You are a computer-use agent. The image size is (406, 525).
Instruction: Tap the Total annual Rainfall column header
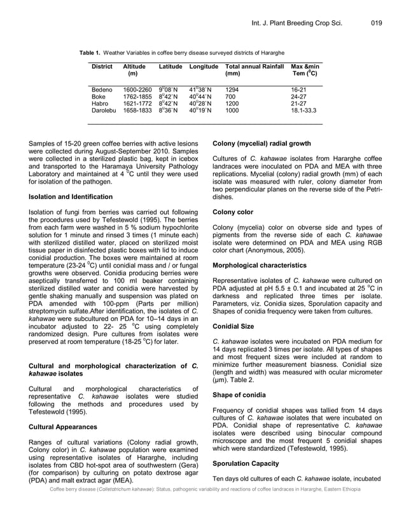click(x=254, y=67)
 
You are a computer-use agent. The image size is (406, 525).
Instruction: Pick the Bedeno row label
click(x=102, y=90)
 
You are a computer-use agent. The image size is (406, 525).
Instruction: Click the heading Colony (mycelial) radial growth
click(x=262, y=144)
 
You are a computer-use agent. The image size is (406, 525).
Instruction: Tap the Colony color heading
click(x=233, y=212)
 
